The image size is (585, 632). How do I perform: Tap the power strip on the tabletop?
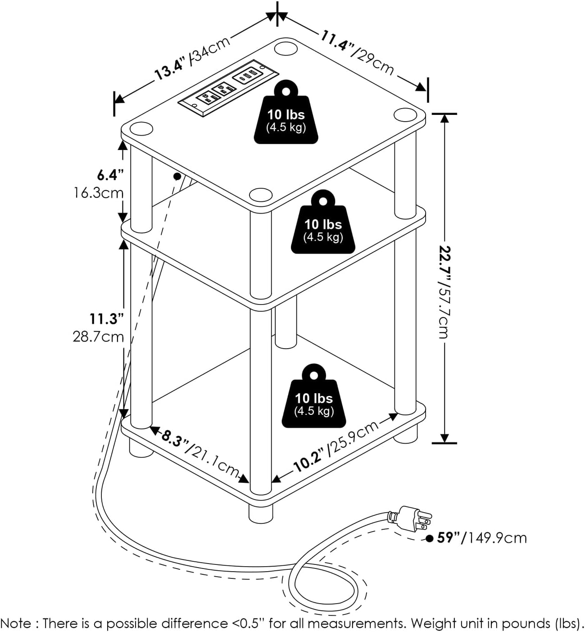(x=228, y=86)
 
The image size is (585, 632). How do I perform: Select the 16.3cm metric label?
(x=99, y=193)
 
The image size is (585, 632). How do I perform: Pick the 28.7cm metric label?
(x=98, y=336)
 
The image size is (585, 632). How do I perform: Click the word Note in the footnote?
(x=17, y=623)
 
